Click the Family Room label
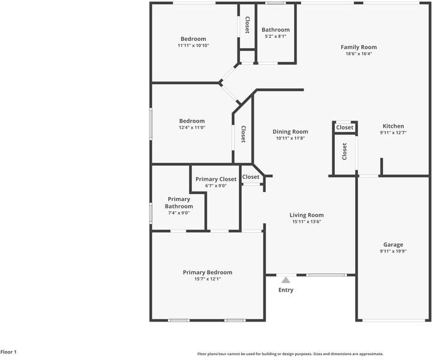[359, 47]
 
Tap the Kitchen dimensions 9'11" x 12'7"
[393, 133]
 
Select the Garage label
[393, 245]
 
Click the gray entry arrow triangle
[286, 280]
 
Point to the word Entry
[286, 290]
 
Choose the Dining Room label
[290, 131]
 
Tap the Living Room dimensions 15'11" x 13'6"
[307, 221]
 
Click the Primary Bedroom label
[208, 272]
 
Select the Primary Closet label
[216, 179]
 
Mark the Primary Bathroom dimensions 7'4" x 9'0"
[179, 213]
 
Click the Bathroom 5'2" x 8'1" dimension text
[275, 36]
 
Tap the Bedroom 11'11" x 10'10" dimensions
[193, 45]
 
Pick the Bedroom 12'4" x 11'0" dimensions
[192, 127]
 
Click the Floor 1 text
[8, 352]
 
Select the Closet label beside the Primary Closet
[251, 177]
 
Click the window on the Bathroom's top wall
[275, 4]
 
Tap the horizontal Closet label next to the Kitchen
[344, 128]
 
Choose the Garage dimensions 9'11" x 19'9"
[393, 251]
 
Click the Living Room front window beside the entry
[326, 275]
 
